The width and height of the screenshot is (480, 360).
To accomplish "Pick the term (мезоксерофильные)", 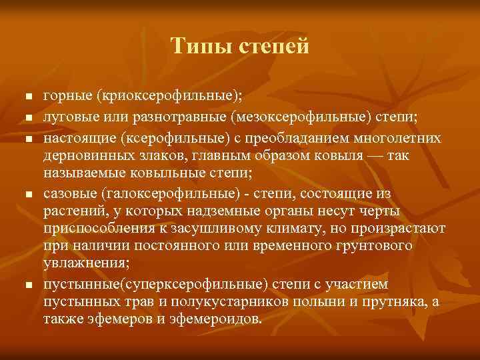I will [x=296, y=117].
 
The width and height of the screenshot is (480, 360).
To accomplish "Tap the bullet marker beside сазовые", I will [x=29, y=195].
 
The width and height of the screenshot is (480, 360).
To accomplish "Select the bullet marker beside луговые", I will [x=29, y=119].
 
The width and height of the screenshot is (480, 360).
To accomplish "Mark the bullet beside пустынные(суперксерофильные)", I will [x=29, y=285].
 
